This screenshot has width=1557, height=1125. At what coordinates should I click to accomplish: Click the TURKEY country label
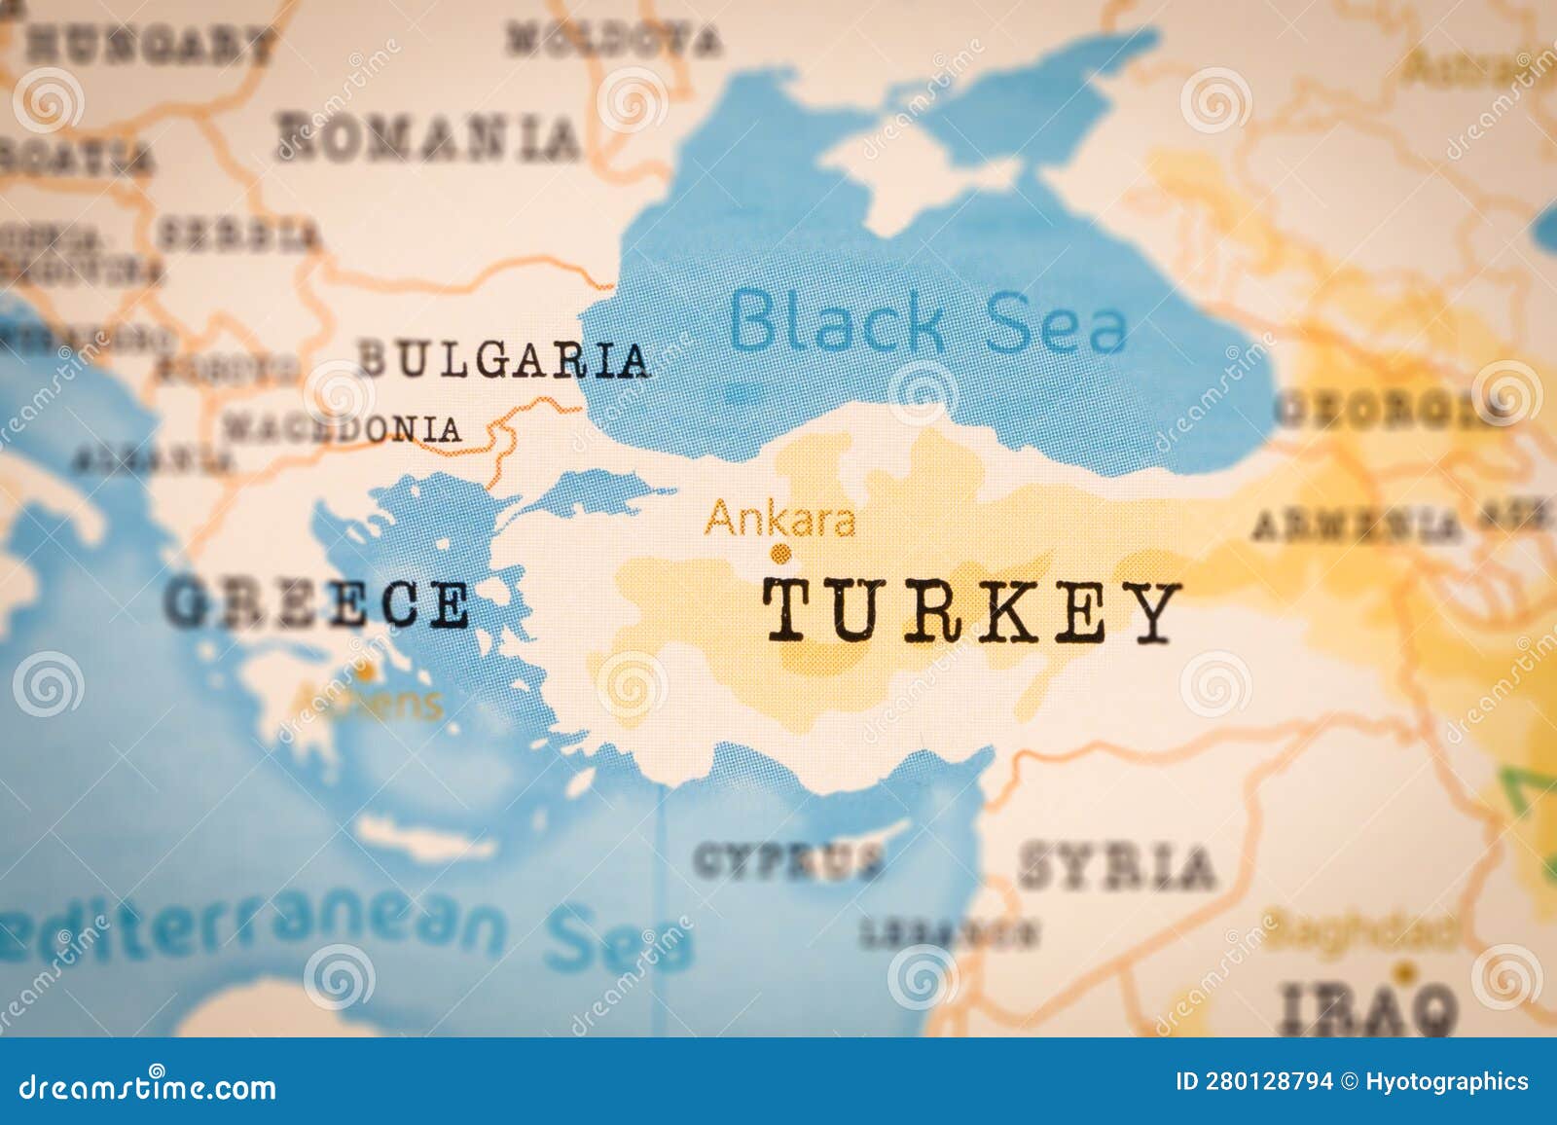tap(971, 613)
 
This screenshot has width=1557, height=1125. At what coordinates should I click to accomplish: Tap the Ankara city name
tap(780, 520)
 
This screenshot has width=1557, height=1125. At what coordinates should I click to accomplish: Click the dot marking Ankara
tap(778, 555)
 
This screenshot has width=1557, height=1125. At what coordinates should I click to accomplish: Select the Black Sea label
tap(928, 321)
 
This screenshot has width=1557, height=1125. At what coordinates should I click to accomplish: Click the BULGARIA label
tap(503, 360)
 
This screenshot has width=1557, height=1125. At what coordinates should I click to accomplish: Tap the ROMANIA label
tap(428, 137)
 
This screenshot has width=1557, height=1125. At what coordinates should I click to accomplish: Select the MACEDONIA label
tap(343, 428)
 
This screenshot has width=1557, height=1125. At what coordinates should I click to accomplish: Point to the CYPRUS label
tap(789, 860)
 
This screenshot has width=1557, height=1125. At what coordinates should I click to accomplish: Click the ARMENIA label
tap(1356, 527)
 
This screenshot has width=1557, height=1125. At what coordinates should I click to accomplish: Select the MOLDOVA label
tap(615, 39)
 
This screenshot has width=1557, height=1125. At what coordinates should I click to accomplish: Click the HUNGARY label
tap(148, 44)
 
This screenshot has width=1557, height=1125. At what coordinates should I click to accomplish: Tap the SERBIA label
tap(238, 235)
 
